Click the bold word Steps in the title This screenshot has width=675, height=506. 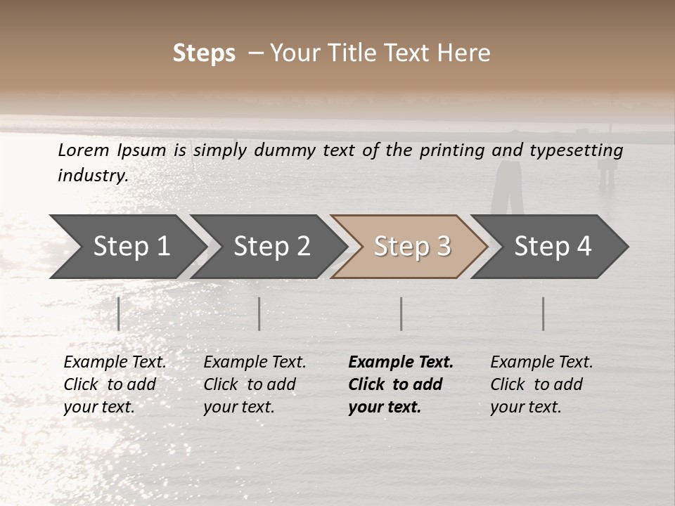click(x=204, y=53)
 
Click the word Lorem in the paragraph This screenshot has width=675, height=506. click(x=83, y=150)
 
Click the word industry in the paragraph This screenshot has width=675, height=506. click(x=92, y=175)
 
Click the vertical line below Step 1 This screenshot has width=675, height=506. click(x=119, y=313)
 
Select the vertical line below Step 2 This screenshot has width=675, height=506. click(x=259, y=313)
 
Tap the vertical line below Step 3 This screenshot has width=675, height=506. click(x=401, y=313)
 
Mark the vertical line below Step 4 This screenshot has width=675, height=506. click(x=544, y=313)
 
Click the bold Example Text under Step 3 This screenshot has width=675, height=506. click(x=401, y=363)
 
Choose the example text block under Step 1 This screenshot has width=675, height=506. click(x=115, y=384)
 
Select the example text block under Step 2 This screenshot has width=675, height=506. click(x=255, y=384)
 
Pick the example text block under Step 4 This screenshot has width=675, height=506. click(x=541, y=384)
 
